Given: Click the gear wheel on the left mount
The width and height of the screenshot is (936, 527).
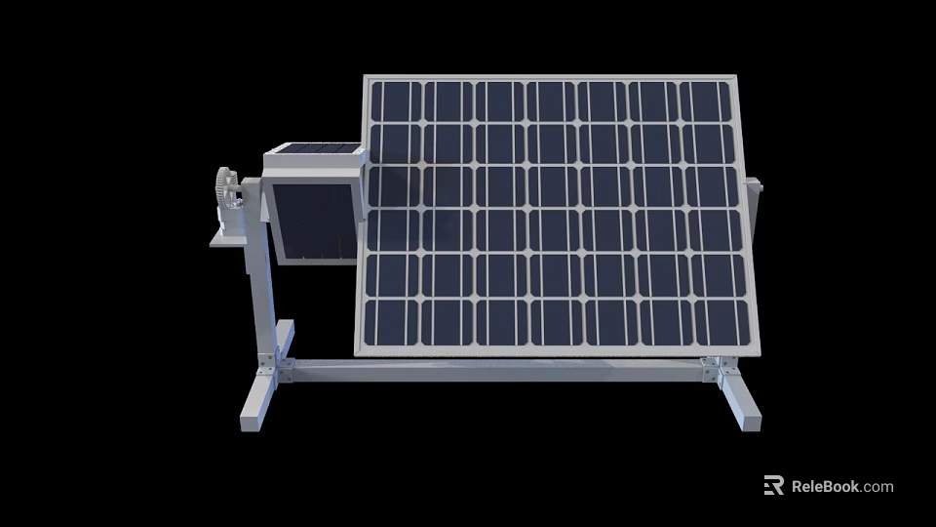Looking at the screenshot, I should pyautogui.click(x=227, y=187).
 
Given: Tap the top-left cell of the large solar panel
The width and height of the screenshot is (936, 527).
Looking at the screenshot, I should pyautogui.click(x=395, y=101).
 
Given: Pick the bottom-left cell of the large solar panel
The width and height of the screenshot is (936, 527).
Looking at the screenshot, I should pyautogui.click(x=390, y=322).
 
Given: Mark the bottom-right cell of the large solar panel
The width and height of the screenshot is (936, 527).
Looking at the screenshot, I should pyautogui.click(x=726, y=322).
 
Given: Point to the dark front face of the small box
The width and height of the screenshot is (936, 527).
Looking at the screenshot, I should pyautogui.click(x=312, y=223).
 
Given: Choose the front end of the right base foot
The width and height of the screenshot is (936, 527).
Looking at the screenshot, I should pyautogui.click(x=745, y=414).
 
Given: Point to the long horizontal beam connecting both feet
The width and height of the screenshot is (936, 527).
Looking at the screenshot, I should pyautogui.click(x=497, y=371).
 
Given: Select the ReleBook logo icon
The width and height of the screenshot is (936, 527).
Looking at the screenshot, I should pyautogui.click(x=774, y=485).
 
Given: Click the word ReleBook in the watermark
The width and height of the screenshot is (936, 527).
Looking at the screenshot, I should pyautogui.click(x=825, y=486).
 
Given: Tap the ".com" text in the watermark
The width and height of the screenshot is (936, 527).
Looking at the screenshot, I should pyautogui.click(x=877, y=486).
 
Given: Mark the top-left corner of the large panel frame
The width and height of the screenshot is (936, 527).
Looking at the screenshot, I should pyautogui.click(x=367, y=78).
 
